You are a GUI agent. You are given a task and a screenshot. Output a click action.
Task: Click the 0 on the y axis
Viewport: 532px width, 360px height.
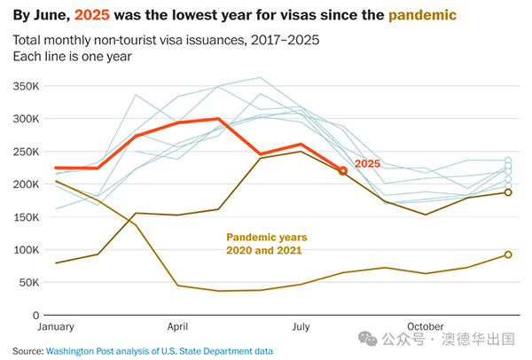[x=36, y=316]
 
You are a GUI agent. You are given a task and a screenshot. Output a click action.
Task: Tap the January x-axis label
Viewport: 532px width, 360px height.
[x=56, y=327]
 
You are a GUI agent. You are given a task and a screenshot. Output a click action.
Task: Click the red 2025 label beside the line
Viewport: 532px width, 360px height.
[x=368, y=164]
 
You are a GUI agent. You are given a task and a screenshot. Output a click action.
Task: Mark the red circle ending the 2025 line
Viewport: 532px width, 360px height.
[x=343, y=170]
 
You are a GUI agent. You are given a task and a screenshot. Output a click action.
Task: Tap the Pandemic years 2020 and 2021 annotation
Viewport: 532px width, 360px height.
[x=266, y=244]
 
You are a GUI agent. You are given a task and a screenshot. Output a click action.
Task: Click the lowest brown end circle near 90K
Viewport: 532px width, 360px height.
[x=508, y=254]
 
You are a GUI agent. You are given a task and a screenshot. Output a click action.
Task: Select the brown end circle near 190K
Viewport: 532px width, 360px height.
[x=508, y=192]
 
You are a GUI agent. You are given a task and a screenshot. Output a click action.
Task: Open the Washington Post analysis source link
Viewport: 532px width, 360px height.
[x=159, y=351]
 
